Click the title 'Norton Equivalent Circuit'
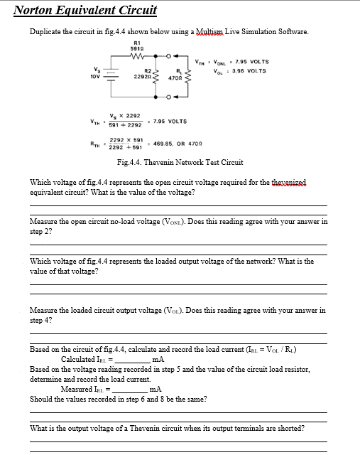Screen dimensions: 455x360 tap(85, 10)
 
